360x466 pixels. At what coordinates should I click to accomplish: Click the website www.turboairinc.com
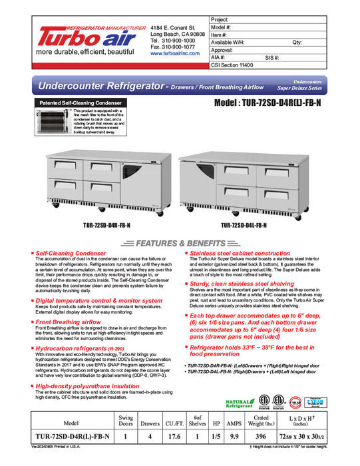click(175, 53)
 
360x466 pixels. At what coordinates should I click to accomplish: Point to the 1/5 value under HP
click(217, 437)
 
